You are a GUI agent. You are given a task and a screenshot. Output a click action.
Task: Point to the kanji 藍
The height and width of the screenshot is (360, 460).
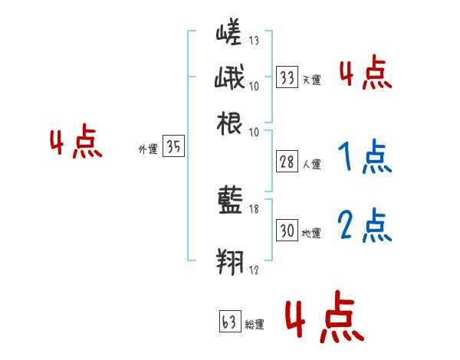(x=230, y=201)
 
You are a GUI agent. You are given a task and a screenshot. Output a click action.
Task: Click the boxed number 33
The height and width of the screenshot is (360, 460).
(x=287, y=77)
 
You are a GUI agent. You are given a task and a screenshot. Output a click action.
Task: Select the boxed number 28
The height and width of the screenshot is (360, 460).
(x=287, y=162)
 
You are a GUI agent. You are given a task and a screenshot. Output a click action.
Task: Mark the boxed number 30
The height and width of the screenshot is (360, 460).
(x=287, y=231)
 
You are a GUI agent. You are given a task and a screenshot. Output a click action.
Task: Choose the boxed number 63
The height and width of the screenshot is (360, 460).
(x=229, y=322)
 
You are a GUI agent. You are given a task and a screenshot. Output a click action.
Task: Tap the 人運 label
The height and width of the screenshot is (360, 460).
(x=311, y=164)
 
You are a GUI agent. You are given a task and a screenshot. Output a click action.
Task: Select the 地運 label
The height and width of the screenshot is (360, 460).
(x=311, y=233)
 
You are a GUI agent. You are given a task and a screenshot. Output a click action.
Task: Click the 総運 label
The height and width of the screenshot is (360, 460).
(x=254, y=325)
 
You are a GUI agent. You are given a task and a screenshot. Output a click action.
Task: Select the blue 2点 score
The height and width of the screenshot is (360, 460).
(x=364, y=226)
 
